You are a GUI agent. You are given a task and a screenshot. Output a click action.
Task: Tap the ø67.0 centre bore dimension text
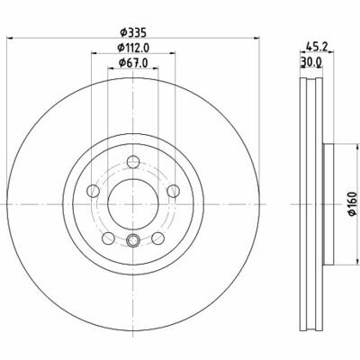point(134,63)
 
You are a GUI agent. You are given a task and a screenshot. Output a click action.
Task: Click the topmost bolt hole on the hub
point(133,161)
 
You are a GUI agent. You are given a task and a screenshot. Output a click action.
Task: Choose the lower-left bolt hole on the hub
point(108,238)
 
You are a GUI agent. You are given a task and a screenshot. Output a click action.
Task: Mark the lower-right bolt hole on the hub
point(158,238)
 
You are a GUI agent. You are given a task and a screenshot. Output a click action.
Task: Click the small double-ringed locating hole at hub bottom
point(133,240)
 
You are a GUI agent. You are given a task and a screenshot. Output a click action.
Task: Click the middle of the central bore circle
point(133,203)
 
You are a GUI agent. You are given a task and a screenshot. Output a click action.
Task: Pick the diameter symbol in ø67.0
point(122,63)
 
